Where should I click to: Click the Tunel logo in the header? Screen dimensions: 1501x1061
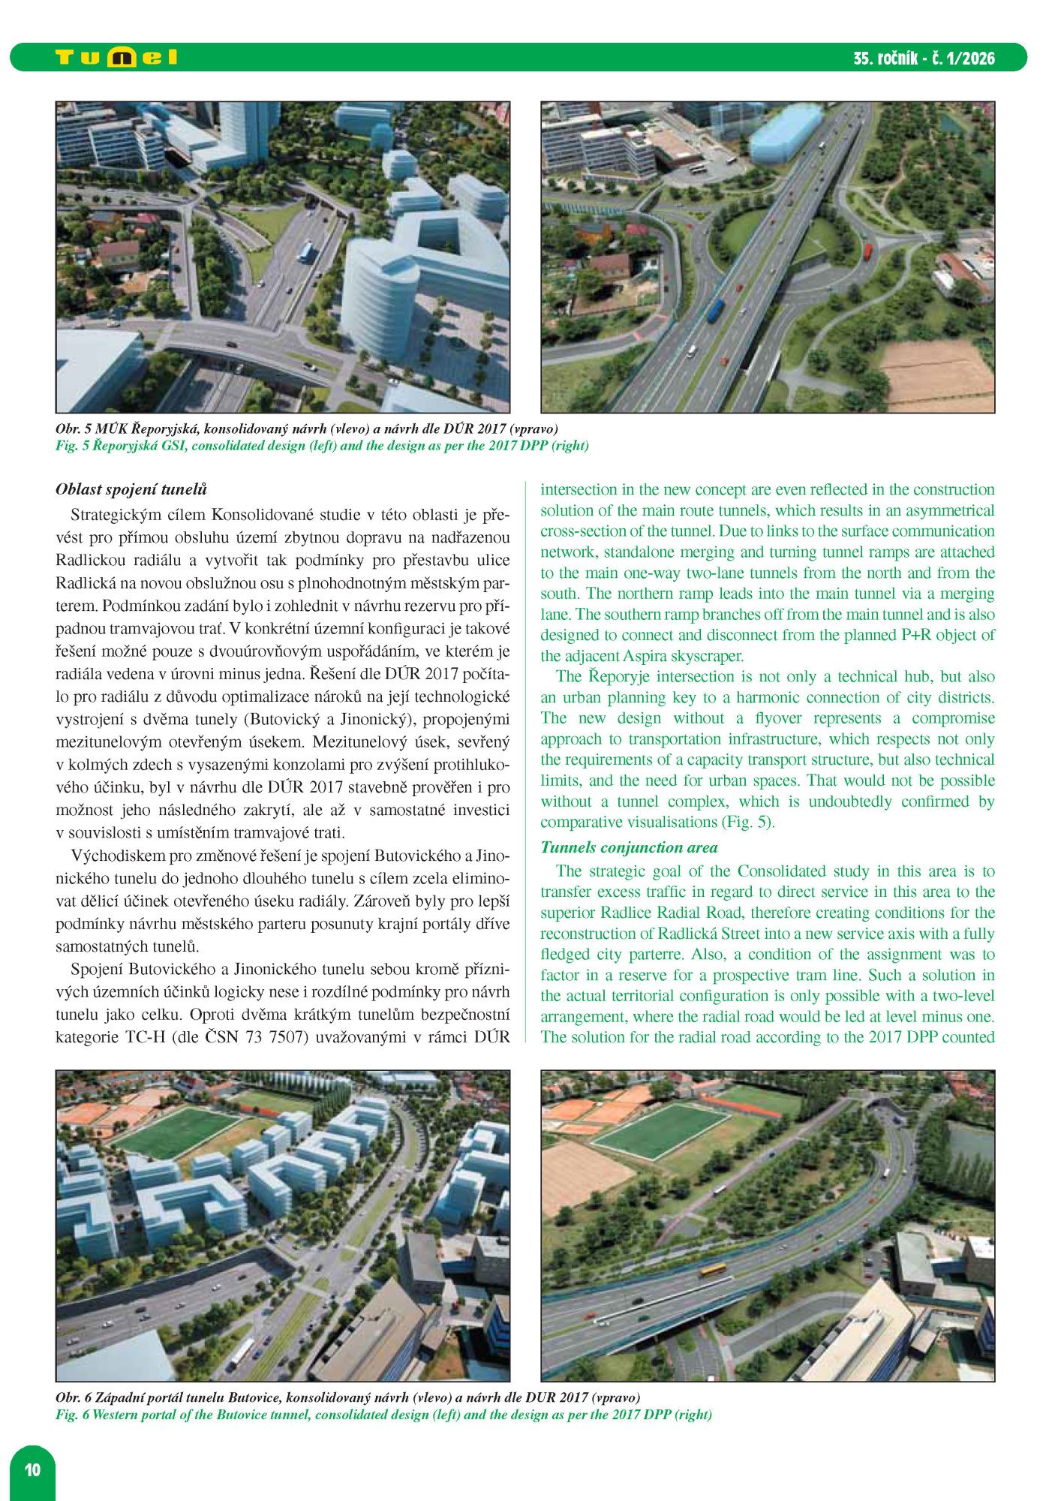click(x=116, y=58)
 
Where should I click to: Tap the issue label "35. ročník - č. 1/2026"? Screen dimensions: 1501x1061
click(x=924, y=59)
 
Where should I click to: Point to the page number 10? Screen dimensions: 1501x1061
click(x=32, y=1469)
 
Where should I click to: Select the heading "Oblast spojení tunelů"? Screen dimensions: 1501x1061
click(x=131, y=489)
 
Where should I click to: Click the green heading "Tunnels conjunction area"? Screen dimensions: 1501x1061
click(x=629, y=847)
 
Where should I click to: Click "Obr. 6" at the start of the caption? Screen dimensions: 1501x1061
click(x=73, y=1398)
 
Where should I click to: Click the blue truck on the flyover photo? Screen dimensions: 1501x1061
click(x=717, y=310)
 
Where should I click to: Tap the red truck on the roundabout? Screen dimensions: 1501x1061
click(x=868, y=250)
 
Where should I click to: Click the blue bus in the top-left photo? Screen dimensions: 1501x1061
click(x=305, y=251)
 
